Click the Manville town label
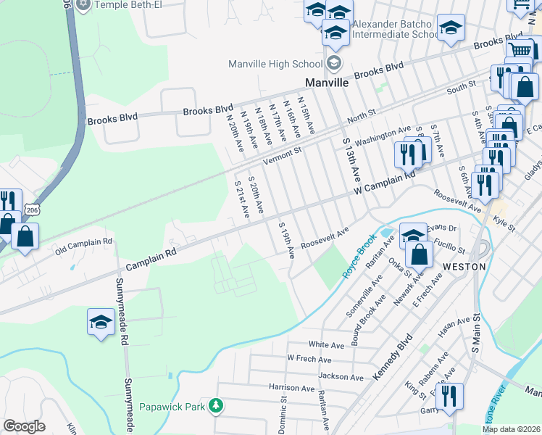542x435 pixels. pyautogui.click(x=328, y=82)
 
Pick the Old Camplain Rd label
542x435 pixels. pyautogui.click(x=84, y=244)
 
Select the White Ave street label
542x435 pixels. pyautogui.click(x=326, y=344)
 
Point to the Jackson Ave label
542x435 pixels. pyautogui.click(x=341, y=377)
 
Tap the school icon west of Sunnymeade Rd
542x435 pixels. pyautogui.click(x=101, y=323)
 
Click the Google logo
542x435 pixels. pyautogui.click(x=24, y=426)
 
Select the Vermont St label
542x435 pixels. pyautogui.click(x=282, y=156)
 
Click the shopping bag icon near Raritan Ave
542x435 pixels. pyautogui.click(x=420, y=254)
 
